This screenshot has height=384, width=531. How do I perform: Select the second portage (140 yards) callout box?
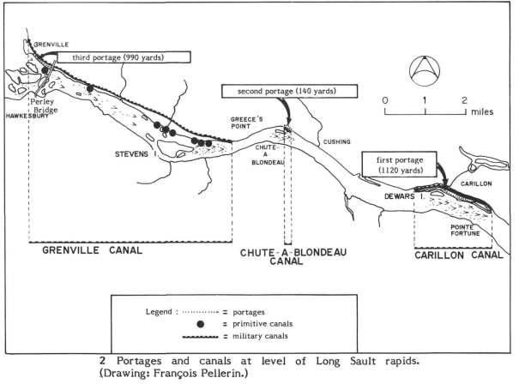[x=278, y=91]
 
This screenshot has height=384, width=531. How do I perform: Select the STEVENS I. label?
[x=136, y=154]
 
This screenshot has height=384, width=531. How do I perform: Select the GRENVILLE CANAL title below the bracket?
[x=94, y=251]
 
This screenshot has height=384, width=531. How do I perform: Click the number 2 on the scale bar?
[x=465, y=100]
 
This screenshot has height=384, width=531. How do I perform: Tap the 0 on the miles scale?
[x=385, y=100]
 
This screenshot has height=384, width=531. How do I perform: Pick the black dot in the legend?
[x=202, y=324]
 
